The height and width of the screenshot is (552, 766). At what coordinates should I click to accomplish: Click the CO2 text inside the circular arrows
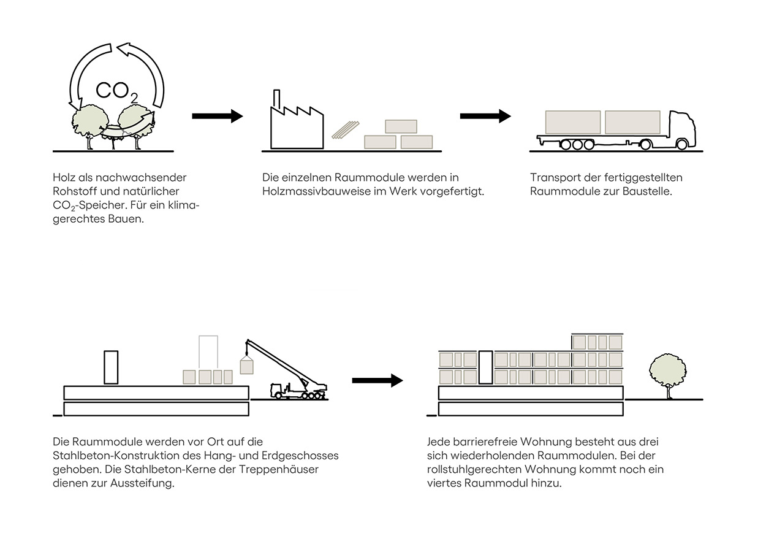pyautogui.click(x=116, y=90)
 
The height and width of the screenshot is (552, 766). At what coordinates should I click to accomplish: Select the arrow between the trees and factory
pyautogui.click(x=217, y=116)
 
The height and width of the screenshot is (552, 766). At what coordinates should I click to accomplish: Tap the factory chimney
pyautogui.click(x=276, y=99)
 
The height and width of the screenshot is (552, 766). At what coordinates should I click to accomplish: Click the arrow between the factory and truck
pyautogui.click(x=485, y=116)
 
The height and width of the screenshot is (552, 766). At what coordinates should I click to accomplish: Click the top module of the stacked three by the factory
pyautogui.click(x=401, y=126)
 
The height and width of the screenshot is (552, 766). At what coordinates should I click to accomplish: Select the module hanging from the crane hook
pyautogui.click(x=246, y=366)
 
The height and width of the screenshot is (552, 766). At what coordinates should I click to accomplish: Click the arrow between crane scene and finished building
pyautogui.click(x=377, y=381)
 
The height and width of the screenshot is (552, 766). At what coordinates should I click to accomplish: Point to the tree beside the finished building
pyautogui.click(x=667, y=372)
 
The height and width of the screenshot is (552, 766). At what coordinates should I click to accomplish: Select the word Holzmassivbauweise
pyautogui.click(x=311, y=191)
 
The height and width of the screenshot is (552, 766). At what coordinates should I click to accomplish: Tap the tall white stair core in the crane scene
pyautogui.click(x=111, y=367)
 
